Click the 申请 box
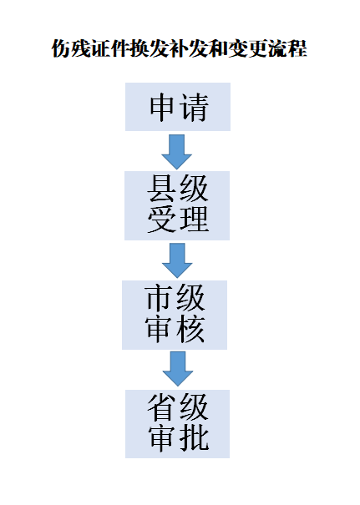[178, 107]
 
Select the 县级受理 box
[177, 205]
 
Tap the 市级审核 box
[175, 315]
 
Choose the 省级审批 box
[177, 424]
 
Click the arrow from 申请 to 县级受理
[176, 152]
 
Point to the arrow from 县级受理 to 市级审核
[177, 260]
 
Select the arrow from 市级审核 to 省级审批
[178, 369]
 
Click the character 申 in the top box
[162, 107]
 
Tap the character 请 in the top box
[194, 107]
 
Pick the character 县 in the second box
[161, 189]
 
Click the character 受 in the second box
[161, 220]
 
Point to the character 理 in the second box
[194, 220]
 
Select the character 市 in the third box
[159, 298]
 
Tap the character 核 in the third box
[190, 329]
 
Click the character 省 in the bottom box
[162, 407]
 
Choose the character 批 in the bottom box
[194, 438]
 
